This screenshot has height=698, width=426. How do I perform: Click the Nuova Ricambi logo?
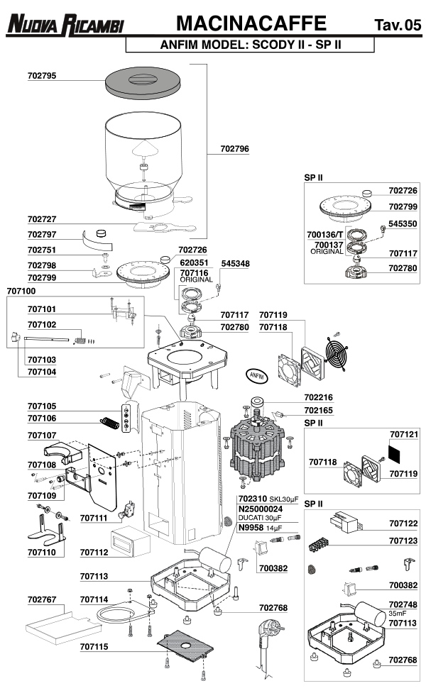[65, 26]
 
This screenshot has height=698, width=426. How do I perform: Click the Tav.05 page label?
[398, 26]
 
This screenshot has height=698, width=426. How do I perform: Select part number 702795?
[42, 75]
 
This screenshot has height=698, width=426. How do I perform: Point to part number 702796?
[234, 149]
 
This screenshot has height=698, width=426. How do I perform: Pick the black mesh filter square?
[398, 449]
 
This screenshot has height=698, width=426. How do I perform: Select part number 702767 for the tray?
[42, 599]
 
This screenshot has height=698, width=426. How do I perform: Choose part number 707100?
[21, 291]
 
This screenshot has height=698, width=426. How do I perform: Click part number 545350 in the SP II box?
[403, 222]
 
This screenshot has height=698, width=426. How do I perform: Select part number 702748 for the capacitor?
[403, 604]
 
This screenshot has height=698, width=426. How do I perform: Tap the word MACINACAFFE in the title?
[251, 23]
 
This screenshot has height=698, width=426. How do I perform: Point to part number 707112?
[94, 551]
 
